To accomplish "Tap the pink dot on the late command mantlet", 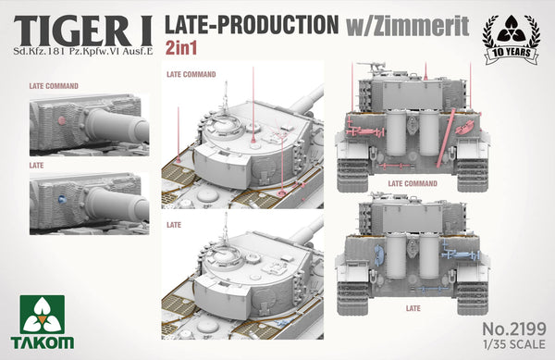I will point(62,120).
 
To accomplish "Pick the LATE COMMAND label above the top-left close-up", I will point(54,86).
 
